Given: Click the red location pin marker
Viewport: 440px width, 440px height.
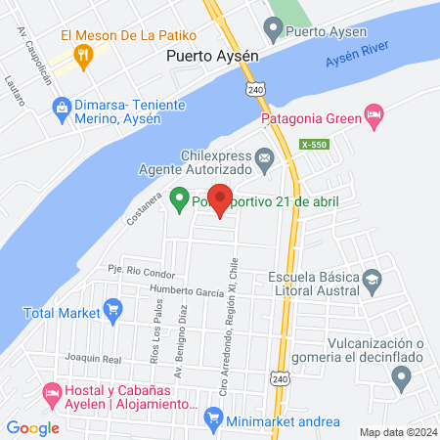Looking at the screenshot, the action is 220,199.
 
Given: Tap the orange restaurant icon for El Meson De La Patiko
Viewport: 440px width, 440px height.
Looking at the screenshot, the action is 87,56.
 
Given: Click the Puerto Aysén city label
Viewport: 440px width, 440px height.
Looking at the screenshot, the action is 212,56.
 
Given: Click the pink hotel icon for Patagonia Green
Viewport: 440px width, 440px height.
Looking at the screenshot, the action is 373,114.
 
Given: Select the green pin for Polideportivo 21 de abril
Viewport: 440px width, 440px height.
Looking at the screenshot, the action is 179,200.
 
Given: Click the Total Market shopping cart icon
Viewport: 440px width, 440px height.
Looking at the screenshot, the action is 112,313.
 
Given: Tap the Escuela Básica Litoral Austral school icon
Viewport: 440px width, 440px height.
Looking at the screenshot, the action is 372,280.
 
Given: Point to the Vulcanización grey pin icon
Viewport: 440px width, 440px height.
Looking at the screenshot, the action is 401,377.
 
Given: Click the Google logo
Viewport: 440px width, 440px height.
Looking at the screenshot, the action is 32,427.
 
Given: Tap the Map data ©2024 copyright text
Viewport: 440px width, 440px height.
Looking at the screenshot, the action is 396,431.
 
